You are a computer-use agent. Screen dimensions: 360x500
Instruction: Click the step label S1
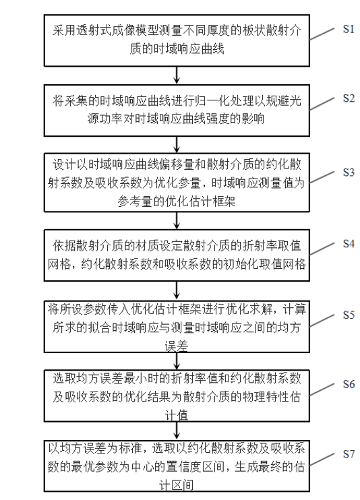point(349,29)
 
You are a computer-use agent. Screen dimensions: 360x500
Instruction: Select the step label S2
point(349,98)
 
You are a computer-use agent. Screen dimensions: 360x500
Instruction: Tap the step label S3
point(349,173)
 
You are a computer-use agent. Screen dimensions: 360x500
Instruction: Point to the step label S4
point(349,244)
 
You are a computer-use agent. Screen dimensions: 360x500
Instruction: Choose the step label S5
point(349,315)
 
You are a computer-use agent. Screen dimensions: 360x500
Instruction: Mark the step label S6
point(349,384)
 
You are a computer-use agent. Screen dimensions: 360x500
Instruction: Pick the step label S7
point(349,454)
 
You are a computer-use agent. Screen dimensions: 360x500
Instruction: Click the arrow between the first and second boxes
point(177,75)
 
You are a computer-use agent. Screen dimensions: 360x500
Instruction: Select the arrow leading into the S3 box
point(177,145)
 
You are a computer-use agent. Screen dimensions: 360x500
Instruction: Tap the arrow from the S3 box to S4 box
point(177,220)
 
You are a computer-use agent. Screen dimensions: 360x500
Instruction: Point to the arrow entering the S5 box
point(177,290)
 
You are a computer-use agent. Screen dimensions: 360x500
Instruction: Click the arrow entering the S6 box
point(177,361)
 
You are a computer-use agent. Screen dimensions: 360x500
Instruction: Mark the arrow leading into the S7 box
point(177,431)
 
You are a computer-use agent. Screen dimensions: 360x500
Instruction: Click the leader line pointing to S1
point(322,34)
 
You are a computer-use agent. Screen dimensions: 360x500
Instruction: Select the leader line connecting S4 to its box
point(322,249)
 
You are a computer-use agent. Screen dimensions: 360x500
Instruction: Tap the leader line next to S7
point(322,459)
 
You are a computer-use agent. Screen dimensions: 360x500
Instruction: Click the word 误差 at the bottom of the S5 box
point(177,346)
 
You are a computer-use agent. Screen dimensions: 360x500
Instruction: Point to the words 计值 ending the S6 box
point(177,415)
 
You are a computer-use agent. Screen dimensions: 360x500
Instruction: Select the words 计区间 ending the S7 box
point(177,485)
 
